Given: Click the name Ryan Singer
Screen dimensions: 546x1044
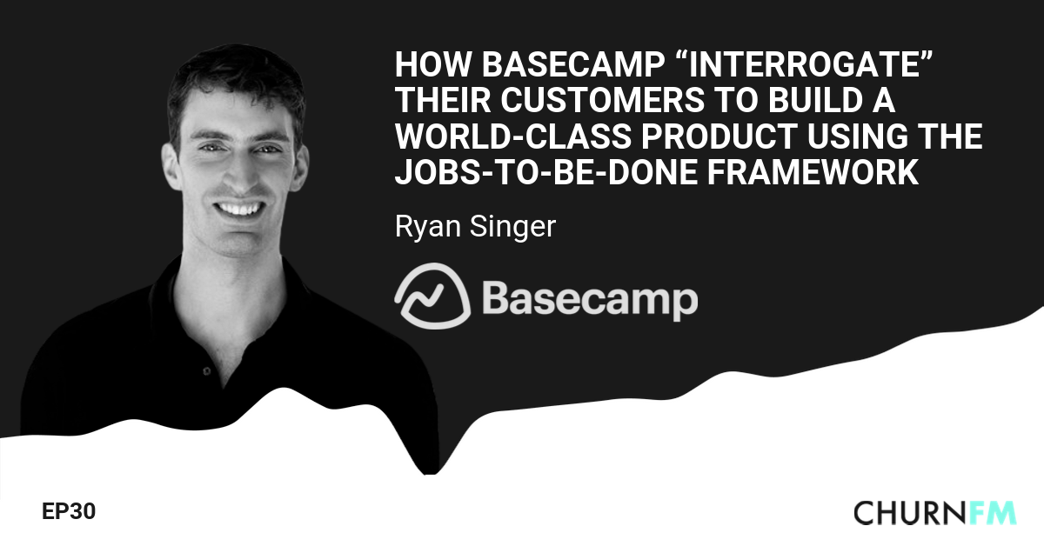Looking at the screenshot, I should pyautogui.click(x=474, y=227).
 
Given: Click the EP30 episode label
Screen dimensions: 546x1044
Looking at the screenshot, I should pyautogui.click(x=68, y=512).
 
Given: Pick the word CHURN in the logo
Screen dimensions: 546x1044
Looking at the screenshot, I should pyautogui.click(x=908, y=513).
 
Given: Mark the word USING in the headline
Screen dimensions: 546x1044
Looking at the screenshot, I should pyautogui.click(x=871, y=137).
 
